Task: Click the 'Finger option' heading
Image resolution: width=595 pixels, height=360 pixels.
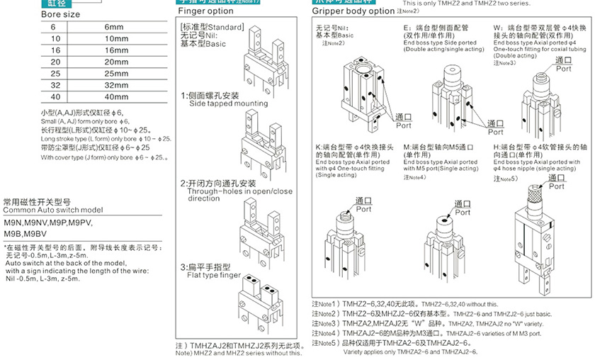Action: pyautogui.click(x=205, y=11)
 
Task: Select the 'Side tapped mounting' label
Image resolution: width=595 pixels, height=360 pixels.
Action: pyautogui.click(x=218, y=104)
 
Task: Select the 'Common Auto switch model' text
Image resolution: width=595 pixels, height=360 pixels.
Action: pyautogui.click(x=53, y=210)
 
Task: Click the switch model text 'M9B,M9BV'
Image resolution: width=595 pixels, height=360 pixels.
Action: pyautogui.click(x=25, y=233)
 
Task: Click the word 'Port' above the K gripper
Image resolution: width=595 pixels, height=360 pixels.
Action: pyautogui.click(x=363, y=210)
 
